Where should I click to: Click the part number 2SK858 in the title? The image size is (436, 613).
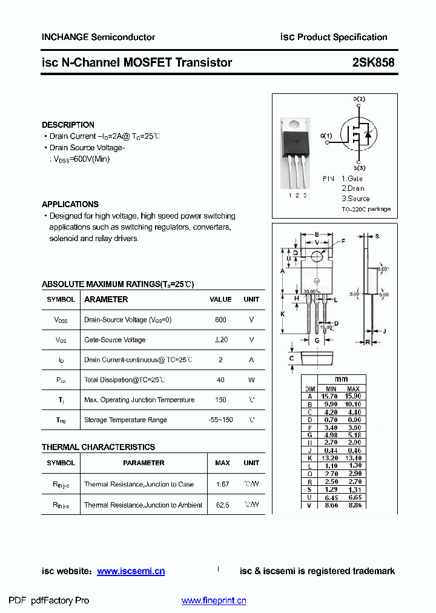click(373, 62)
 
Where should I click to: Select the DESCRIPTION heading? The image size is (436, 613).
click(68, 125)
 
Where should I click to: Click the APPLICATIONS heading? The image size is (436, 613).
click(70, 204)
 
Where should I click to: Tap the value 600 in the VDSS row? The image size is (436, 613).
click(220, 320)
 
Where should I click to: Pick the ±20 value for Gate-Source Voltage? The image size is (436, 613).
click(220, 340)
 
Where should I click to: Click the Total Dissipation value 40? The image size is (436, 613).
click(220, 380)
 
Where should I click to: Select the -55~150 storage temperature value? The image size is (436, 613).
click(220, 420)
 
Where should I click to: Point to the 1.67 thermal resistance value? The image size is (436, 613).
click(222, 485)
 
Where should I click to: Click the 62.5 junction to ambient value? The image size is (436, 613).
click(222, 505)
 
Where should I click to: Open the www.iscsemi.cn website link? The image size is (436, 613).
click(131, 571)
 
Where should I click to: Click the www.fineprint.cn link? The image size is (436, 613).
click(214, 601)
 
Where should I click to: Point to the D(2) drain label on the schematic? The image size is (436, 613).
click(359, 99)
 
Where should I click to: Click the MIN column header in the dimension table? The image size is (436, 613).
click(331, 389)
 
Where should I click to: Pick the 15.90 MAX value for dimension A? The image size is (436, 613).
click(354, 396)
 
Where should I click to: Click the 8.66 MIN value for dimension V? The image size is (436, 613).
click(331, 505)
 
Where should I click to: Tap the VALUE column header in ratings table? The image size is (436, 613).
click(220, 299)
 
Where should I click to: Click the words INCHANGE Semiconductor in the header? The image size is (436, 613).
click(98, 37)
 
